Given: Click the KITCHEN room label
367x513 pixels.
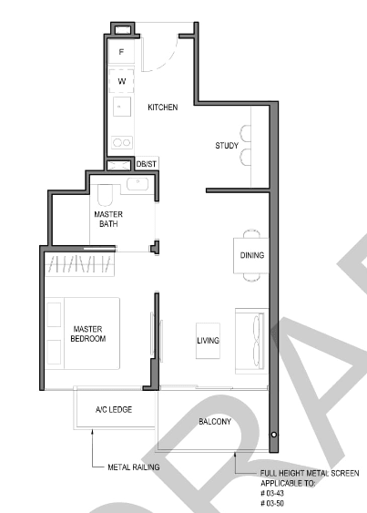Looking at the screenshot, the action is click(x=163, y=108).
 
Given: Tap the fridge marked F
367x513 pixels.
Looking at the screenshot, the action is click(x=121, y=52).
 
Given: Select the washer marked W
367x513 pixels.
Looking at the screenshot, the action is click(x=121, y=81).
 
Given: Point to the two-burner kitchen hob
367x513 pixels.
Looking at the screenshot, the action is click(x=122, y=142).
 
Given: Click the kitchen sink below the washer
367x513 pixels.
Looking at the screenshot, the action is click(x=122, y=107).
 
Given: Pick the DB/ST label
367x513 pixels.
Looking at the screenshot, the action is click(x=147, y=164).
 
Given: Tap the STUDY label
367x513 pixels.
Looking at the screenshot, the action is click(x=227, y=146).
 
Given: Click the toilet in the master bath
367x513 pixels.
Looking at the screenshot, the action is click(x=105, y=195).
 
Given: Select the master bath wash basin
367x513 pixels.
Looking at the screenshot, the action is click(x=138, y=184).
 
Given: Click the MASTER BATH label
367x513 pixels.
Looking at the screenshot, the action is click(x=108, y=220).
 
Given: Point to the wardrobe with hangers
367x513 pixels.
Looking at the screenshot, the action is click(x=79, y=264).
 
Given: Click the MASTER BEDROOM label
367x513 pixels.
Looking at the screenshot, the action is click(x=88, y=333).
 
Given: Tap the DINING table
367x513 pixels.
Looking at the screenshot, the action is click(x=250, y=255).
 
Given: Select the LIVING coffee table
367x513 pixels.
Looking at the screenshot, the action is click(x=208, y=341).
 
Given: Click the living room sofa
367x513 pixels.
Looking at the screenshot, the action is click(x=251, y=341).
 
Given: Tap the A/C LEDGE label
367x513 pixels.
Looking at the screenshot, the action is click(x=114, y=410).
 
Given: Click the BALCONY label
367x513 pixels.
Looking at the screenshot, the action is click(x=215, y=421).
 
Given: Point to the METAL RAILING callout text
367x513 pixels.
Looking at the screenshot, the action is click(x=134, y=467).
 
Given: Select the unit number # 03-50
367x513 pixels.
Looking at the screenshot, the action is click(x=272, y=503).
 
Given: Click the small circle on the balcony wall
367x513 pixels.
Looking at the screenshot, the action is click(x=274, y=435).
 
